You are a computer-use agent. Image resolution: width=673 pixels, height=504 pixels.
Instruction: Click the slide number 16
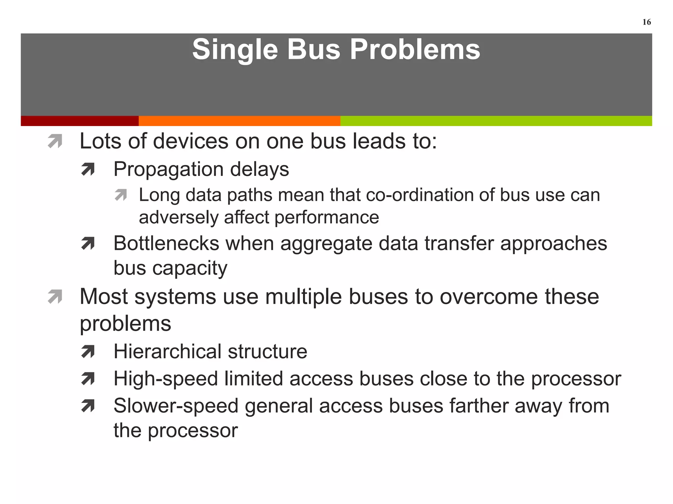646,22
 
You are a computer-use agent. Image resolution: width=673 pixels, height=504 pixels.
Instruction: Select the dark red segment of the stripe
80,121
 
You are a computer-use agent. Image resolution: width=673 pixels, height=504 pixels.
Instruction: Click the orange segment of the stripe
239,121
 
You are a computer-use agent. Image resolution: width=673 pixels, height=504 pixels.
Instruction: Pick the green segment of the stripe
496,121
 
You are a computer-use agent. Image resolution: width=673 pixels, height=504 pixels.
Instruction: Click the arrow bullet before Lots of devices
55,141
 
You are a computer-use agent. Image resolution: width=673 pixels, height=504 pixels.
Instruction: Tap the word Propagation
169,170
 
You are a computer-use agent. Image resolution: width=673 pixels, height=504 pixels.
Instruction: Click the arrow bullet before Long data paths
121,195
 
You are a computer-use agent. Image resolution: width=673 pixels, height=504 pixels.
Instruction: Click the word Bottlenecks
166,243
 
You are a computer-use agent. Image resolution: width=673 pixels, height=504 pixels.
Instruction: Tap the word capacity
190,268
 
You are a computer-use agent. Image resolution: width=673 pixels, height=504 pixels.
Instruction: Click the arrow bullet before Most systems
55,297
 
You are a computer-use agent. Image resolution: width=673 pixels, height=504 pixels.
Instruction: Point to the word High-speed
166,379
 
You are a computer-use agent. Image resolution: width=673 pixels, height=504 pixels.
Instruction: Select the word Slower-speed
176,406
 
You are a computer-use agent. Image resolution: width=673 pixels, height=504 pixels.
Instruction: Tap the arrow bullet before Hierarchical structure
88,352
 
